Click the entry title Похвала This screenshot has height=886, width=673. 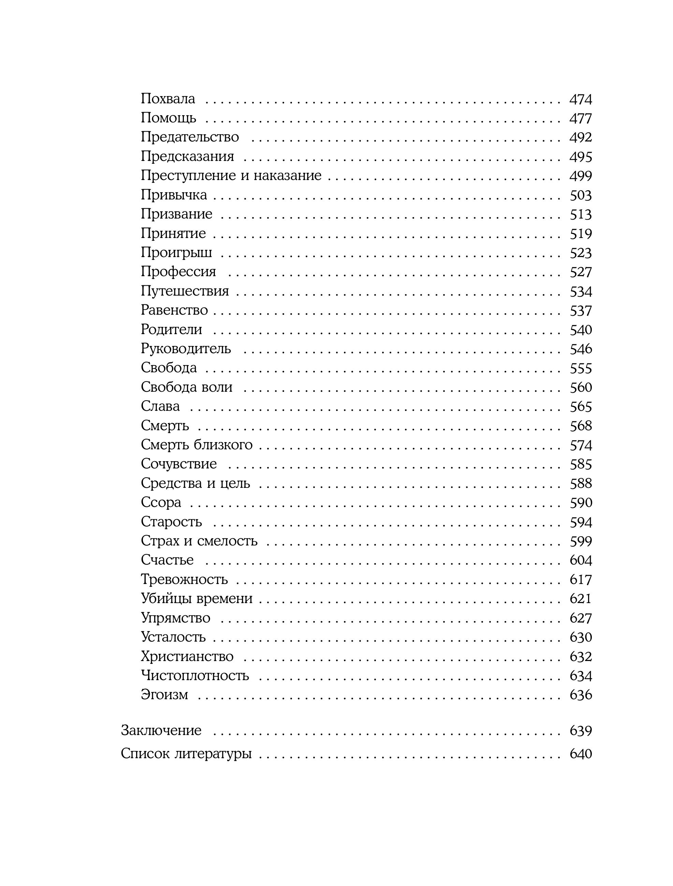point(168,99)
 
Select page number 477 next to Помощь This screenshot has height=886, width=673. point(581,118)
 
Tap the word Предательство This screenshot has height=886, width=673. point(190,137)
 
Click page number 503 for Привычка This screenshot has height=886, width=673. point(581,195)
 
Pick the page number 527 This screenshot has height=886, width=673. point(581,272)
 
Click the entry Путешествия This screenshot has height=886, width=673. point(185,291)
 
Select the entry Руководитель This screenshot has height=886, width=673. point(186,348)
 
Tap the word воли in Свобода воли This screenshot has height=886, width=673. point(217,387)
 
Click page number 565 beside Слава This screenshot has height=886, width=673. point(581,407)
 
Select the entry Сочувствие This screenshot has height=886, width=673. point(179,464)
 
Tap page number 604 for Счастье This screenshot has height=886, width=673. point(581,560)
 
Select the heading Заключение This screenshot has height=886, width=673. point(161,730)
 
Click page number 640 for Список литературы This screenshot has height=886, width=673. point(581,753)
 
